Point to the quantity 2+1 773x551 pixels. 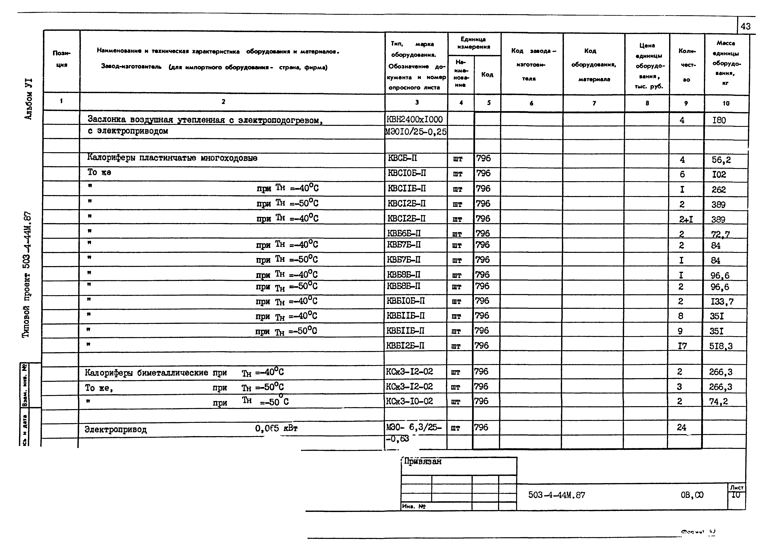(x=686, y=219)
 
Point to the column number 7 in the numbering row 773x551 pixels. (x=594, y=103)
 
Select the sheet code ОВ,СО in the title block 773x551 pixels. (x=692, y=495)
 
